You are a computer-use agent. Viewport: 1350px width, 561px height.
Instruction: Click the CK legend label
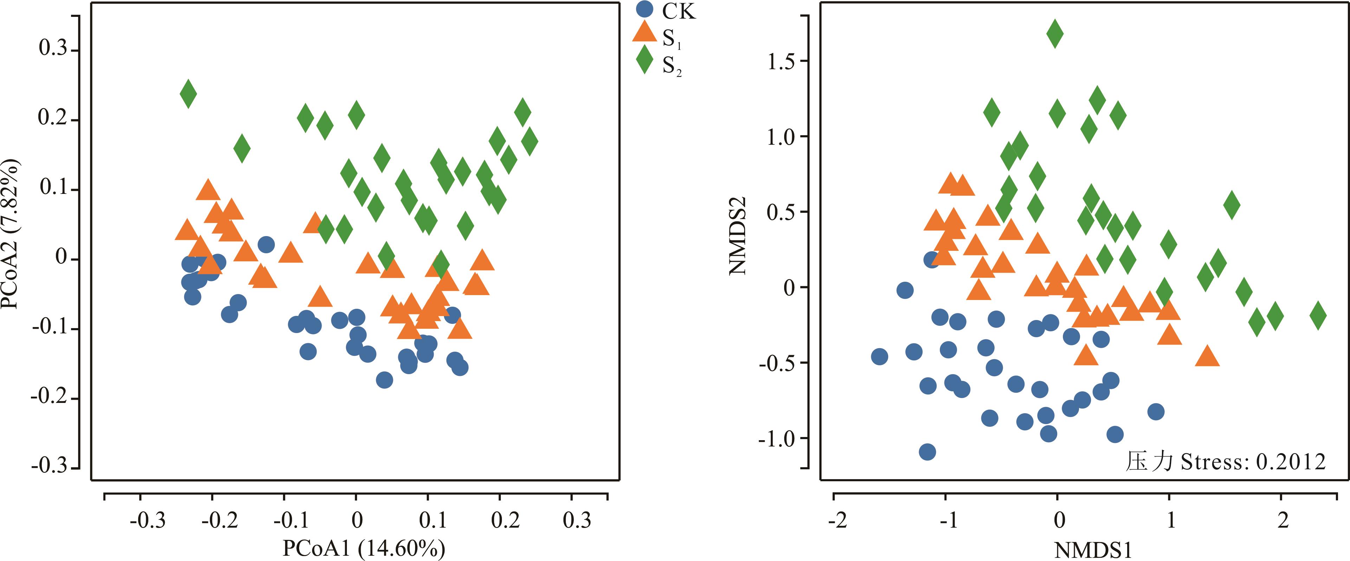[x=679, y=12]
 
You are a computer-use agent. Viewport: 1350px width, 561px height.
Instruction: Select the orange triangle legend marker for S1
[x=644, y=32]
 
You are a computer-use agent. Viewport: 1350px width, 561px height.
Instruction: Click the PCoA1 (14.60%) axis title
[x=364, y=548]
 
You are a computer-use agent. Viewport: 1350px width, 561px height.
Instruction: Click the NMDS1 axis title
[x=1093, y=550]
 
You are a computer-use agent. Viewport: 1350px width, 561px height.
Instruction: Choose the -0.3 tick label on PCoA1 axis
[x=147, y=520]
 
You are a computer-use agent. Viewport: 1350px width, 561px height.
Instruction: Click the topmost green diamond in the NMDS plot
[x=1055, y=33]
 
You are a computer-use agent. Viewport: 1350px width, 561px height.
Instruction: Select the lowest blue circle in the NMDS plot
[x=928, y=451]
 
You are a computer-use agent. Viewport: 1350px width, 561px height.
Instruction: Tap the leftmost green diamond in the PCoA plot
[x=188, y=94]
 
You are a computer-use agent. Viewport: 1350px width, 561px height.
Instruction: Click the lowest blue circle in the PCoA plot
[x=384, y=380]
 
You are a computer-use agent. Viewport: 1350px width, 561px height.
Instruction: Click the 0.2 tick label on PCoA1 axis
[x=505, y=520]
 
